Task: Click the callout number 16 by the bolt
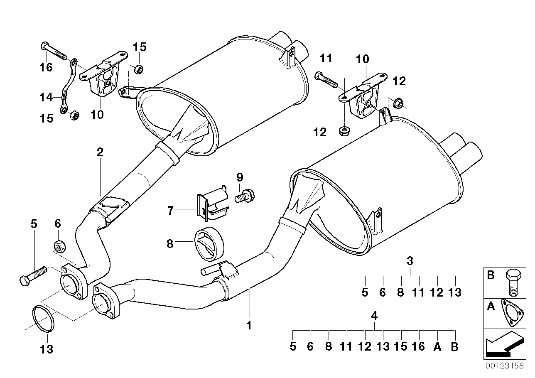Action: tap(46, 66)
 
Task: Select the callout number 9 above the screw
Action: tap(239, 178)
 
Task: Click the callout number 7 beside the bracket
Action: tap(170, 211)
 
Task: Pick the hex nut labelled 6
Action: tap(59, 246)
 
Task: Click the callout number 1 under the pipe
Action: tap(249, 326)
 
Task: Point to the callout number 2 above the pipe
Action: tap(100, 152)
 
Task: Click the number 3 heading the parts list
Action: tap(410, 261)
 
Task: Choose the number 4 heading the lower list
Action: tap(374, 315)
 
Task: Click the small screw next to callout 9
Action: tap(245, 195)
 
